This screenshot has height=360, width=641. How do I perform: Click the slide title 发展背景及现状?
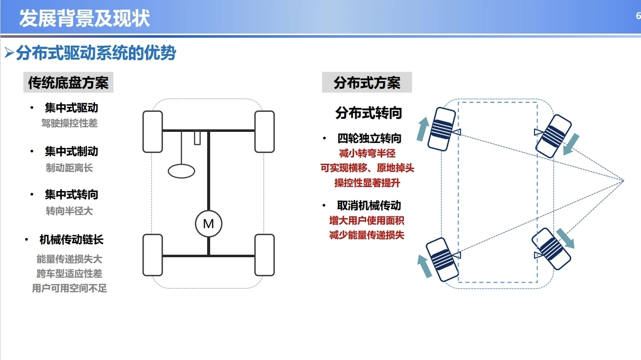tap(84, 18)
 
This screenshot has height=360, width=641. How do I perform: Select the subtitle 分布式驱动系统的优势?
tap(96, 53)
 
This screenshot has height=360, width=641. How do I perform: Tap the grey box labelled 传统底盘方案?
tap(68, 82)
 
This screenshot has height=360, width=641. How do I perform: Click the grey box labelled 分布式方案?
tap(367, 82)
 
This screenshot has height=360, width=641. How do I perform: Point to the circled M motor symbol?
tap(209, 224)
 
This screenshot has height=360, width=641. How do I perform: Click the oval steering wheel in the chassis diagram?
tap(182, 171)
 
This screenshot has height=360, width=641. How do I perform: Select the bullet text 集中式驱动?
tap(71, 108)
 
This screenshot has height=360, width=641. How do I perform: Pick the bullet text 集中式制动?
tap(71, 151)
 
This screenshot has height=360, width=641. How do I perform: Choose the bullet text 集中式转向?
tap(71, 195)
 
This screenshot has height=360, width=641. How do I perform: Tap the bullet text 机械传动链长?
tap(71, 240)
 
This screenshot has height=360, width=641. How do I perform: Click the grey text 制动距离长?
tap(69, 168)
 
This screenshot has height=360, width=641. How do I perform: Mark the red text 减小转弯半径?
tap(367, 153)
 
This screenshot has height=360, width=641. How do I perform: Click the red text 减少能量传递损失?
tap(367, 235)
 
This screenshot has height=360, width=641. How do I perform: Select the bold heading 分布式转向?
tap(369, 113)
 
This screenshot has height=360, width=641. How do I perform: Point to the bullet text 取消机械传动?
tap(369, 206)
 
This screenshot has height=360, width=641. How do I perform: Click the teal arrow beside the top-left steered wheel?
tap(423, 129)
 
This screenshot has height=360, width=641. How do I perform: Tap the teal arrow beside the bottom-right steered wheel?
tap(565, 238)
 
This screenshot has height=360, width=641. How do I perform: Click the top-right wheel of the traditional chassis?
tap(264, 132)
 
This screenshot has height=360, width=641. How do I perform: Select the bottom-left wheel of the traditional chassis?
tap(152, 255)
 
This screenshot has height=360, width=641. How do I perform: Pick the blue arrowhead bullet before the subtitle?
tap(9, 53)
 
